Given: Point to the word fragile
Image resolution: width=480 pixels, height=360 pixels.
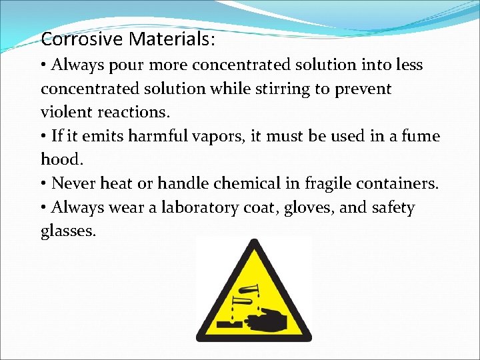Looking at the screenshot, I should pos(331,184).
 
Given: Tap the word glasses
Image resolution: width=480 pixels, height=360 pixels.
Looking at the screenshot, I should pos(68,232).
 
